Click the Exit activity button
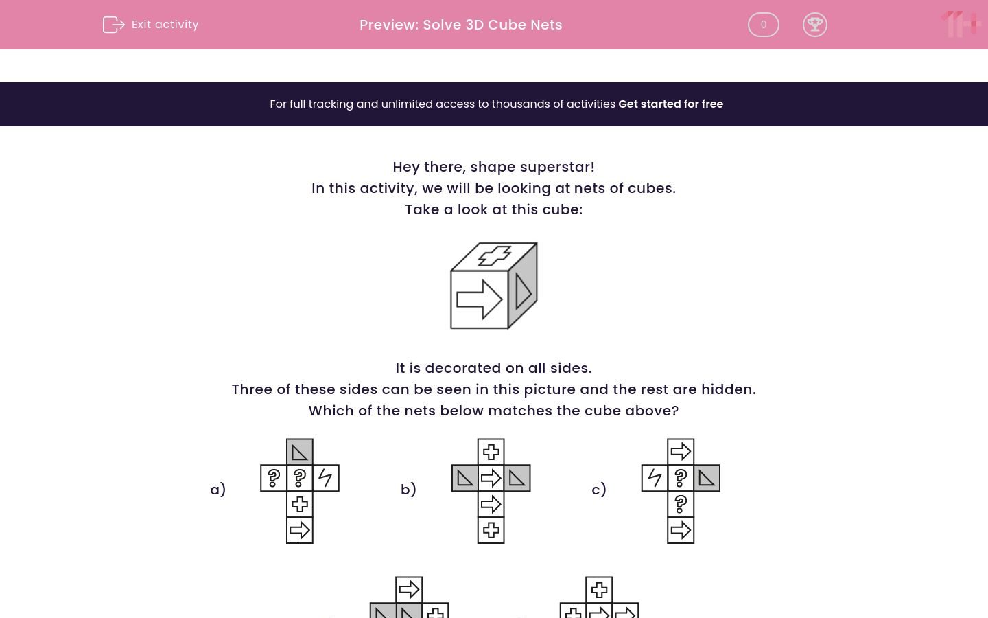(151, 25)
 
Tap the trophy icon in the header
(814, 25)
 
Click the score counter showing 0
(763, 25)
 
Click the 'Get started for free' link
(670, 104)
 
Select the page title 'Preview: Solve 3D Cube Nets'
(460, 25)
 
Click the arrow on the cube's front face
(479, 299)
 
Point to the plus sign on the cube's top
(494, 256)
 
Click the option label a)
(217, 490)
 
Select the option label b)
(408, 490)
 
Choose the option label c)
(598, 490)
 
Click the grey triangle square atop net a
(300, 452)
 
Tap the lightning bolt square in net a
(326, 478)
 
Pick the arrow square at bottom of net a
(300, 530)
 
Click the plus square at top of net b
(491, 452)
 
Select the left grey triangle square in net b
(464, 478)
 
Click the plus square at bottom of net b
(491, 530)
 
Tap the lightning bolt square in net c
(655, 478)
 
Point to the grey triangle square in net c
(707, 478)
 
